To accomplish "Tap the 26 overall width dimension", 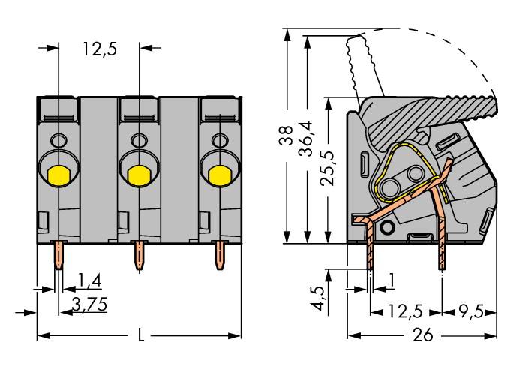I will tap(423, 335).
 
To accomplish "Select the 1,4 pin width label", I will tap(89, 281).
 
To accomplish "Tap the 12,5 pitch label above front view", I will tap(99, 50).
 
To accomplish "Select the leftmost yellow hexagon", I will tap(58, 175).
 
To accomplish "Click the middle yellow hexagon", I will tap(138, 175).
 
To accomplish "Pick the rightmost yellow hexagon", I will tap(218, 175).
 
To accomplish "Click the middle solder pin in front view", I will tap(138, 256).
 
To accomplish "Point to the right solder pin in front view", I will tap(218, 256).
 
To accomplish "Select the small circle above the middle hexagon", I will tap(138, 140).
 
